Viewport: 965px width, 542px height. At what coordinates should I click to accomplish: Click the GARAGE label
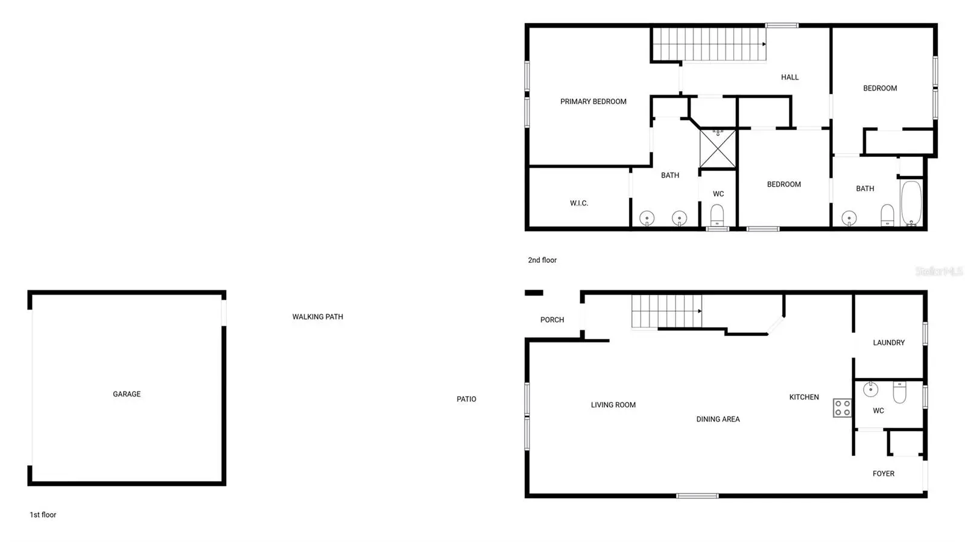click(127, 394)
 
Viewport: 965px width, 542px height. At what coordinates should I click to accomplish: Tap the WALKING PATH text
click(317, 317)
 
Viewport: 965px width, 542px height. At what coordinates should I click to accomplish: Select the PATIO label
click(466, 399)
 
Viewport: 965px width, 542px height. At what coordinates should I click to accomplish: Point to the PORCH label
click(552, 320)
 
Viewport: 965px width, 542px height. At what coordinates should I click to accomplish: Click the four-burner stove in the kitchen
click(842, 408)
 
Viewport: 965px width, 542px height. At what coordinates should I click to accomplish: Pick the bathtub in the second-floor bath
click(911, 203)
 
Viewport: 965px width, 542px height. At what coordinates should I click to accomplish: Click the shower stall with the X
click(717, 148)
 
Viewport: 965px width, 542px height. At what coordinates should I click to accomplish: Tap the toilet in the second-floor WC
click(717, 215)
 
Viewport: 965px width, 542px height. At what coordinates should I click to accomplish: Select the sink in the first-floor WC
click(871, 389)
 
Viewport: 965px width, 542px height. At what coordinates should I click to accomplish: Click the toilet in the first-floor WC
click(899, 392)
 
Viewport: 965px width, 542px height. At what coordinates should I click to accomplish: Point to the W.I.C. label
click(578, 203)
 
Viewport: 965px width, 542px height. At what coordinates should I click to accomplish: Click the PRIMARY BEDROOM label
click(593, 102)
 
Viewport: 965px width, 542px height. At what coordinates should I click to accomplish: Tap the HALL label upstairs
click(789, 77)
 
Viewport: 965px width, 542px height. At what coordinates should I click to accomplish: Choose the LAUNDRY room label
click(889, 342)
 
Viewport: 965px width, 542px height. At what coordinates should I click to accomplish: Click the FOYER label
click(883, 473)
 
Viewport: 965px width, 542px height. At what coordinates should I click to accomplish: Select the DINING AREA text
click(718, 419)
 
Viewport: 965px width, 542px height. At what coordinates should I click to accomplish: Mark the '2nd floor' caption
click(542, 260)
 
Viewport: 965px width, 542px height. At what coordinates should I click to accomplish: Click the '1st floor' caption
click(43, 515)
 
